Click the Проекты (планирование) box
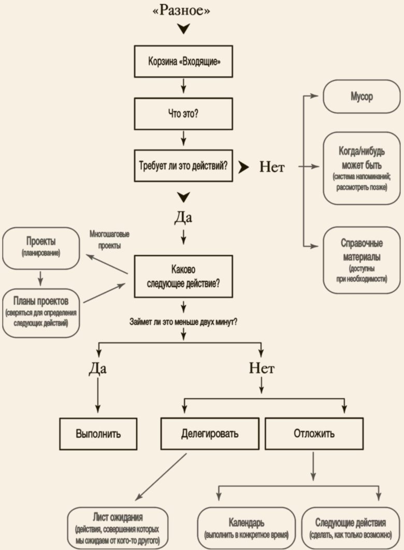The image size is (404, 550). (x=41, y=248)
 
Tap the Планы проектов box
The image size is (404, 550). (x=41, y=307)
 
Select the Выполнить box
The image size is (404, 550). (x=98, y=433)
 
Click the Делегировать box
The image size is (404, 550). (x=210, y=433)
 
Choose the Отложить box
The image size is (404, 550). (x=314, y=433)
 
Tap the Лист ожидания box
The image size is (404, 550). (x=118, y=528)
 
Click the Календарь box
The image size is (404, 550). (x=247, y=528)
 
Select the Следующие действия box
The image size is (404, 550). (x=350, y=528)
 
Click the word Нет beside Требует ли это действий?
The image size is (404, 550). (x=272, y=167)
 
